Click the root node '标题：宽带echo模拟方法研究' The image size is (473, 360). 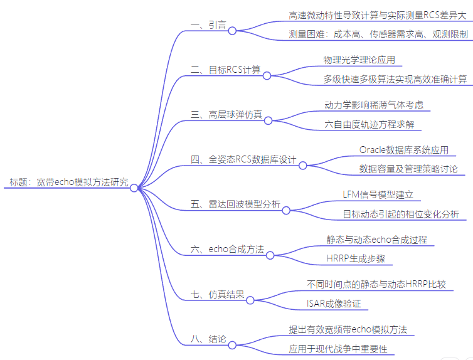(x=68, y=183)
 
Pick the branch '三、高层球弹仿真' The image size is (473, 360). (x=226, y=115)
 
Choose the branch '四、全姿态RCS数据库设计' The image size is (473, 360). (x=243, y=160)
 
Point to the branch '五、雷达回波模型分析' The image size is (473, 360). (x=235, y=204)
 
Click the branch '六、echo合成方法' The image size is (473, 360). (x=227, y=250)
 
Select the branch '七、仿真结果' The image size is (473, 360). (x=217, y=294)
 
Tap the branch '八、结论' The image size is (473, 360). (x=208, y=339)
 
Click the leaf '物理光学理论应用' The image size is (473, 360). (x=359, y=60)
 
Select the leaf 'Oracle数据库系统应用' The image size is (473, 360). (x=403, y=150)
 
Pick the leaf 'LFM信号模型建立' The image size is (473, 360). (x=378, y=194)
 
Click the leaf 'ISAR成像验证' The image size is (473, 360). (x=334, y=304)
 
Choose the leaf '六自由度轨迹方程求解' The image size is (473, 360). (x=369, y=125)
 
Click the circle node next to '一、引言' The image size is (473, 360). (x=231, y=31)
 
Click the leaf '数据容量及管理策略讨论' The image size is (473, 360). (x=408, y=169)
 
